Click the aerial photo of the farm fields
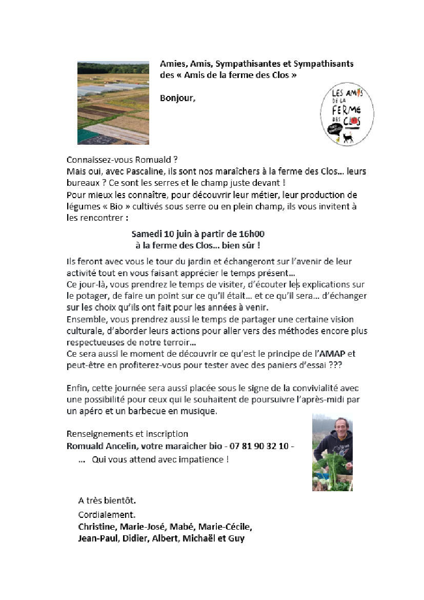coord(113,103)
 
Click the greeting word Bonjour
coord(177,98)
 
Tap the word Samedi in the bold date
coord(146,234)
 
